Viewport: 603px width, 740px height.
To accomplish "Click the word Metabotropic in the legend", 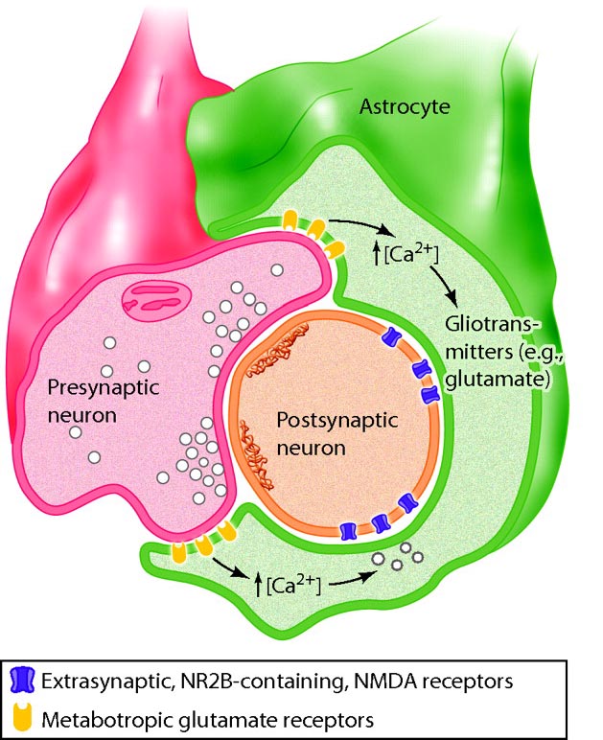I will coord(91,716).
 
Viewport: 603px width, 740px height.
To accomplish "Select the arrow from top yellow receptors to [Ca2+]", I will coord(361,228).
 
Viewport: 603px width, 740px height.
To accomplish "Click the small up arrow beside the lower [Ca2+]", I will coord(260,583).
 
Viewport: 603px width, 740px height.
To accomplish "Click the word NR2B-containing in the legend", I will coord(244,682).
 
